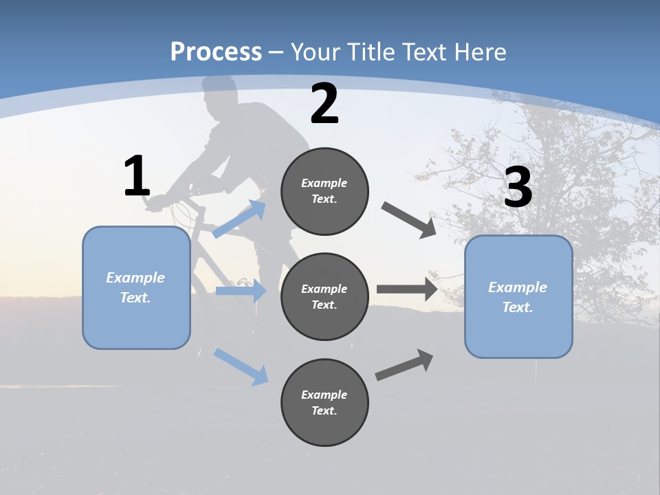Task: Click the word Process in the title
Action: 216,52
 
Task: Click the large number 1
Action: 137,177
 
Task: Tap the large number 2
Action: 324,104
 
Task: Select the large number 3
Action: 518,188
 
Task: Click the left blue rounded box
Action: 136,287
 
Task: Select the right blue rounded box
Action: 518,296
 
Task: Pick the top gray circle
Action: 324,191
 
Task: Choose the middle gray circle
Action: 324,296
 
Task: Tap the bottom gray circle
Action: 324,402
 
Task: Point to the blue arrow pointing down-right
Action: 241,366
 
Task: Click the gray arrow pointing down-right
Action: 409,220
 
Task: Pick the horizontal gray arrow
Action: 407,289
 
